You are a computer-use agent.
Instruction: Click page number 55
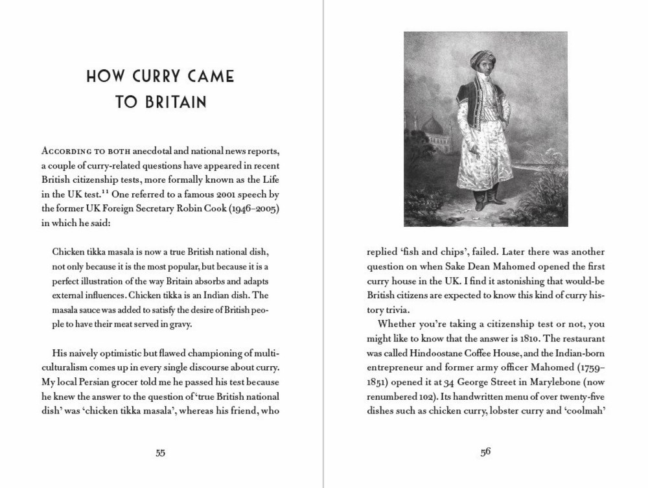coord(160,453)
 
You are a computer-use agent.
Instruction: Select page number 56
coord(486,453)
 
